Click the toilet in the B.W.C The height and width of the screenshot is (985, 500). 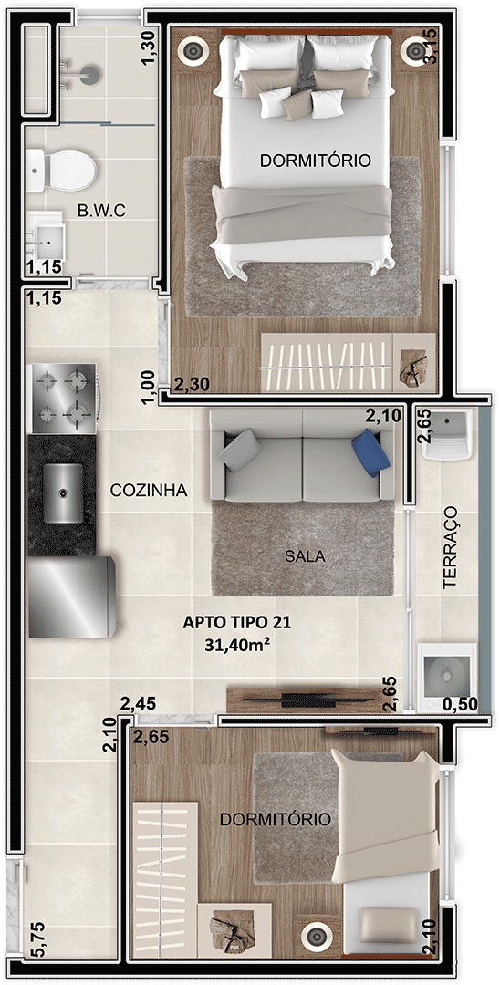(x=61, y=171)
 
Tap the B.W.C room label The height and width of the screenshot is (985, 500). (x=101, y=211)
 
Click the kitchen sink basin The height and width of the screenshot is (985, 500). (x=62, y=493)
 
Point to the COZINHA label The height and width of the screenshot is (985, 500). (x=148, y=491)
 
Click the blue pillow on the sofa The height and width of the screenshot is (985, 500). (x=370, y=452)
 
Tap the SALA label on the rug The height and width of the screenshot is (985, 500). (x=305, y=556)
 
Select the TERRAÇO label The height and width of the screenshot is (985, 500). (x=450, y=548)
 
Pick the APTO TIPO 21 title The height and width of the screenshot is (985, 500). (x=237, y=623)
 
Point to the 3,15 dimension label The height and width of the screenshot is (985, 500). (x=431, y=47)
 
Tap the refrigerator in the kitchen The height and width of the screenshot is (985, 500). (x=71, y=596)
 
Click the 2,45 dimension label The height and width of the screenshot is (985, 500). (x=138, y=704)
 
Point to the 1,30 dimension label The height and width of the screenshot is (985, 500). (x=148, y=47)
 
